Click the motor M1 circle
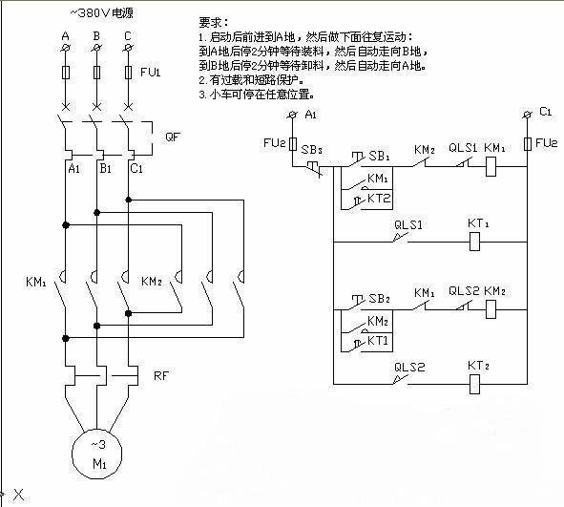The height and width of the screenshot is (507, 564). point(73,454)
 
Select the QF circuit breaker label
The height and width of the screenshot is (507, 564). point(173,137)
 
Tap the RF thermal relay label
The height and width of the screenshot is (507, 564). point(160,375)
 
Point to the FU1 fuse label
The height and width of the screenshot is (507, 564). point(150,72)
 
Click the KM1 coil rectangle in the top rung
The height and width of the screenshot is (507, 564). point(491,166)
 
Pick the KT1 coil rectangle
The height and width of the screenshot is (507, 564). point(474,242)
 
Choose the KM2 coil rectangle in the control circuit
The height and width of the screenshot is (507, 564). point(491,309)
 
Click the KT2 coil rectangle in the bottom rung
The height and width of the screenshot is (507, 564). point(474,384)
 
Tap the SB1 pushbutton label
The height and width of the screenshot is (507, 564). point(379,156)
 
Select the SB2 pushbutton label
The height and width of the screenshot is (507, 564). point(379,299)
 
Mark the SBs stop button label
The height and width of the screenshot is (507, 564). point(311,149)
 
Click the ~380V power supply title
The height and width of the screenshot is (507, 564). point(101,13)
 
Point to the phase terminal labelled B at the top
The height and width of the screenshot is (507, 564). point(96,36)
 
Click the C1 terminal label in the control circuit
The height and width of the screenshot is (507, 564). point(545,112)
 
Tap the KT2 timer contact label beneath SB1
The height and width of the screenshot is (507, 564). point(379,199)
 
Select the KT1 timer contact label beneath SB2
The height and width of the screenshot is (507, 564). point(378,341)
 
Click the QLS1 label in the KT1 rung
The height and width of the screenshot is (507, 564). point(408,225)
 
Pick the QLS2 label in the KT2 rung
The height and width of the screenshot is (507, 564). point(409,368)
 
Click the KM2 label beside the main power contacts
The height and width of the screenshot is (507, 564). point(152,281)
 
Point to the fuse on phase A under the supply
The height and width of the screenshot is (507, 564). point(66,73)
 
